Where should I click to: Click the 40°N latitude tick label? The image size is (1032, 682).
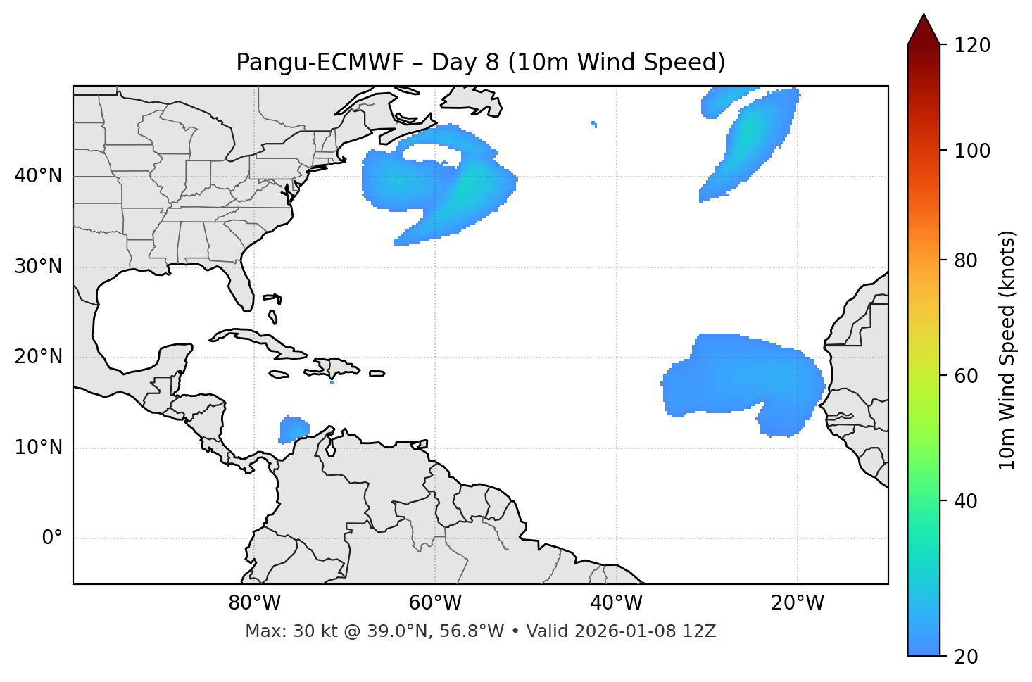coord(38,176)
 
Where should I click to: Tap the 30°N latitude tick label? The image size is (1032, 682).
coord(38,267)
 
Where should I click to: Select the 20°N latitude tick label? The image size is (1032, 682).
coord(38,357)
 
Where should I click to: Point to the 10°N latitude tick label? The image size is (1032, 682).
coord(38,448)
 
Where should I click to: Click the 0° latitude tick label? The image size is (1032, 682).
coord(51,538)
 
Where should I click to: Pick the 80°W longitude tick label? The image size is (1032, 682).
coord(254,603)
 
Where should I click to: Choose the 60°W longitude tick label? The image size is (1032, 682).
coord(435,603)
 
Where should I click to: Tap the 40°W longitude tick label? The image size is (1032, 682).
coord(616,603)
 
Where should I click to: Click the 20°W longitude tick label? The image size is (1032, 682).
coord(797,603)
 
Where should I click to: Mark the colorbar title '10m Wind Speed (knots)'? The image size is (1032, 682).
coord(1007,350)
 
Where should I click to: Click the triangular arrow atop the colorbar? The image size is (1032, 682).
coord(924,30)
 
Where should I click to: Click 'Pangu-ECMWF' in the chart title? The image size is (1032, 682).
coord(320,63)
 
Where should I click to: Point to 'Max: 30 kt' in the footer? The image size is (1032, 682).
coord(276,631)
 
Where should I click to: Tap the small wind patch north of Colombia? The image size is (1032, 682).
coord(294,429)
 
